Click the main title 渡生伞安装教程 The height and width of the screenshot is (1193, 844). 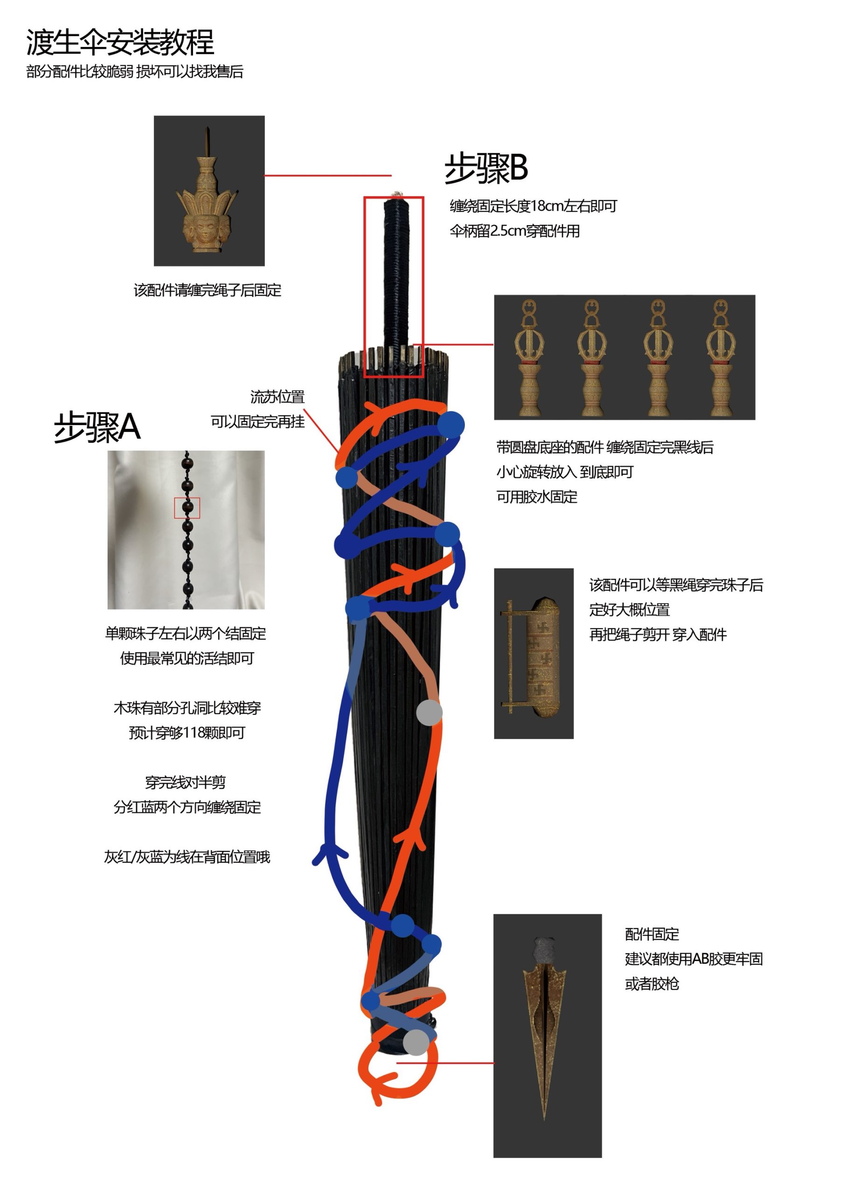point(120,42)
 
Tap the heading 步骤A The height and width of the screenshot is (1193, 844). point(97,427)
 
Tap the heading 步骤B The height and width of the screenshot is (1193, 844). point(486,168)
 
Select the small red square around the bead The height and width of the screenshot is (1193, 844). point(187,507)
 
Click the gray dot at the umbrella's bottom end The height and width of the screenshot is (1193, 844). point(416,1042)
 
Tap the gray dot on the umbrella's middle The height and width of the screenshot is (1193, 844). point(429,713)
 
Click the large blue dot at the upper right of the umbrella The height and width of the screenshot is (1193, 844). point(450,425)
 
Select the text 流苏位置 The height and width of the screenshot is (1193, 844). point(277,397)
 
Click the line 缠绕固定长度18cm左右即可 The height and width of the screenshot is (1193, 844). point(533,206)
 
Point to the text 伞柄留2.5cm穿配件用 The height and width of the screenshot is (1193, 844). point(515,231)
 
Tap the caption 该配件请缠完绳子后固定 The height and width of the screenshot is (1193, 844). point(208,290)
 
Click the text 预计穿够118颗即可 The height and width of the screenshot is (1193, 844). point(187,733)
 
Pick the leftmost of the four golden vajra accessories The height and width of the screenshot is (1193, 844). point(529,357)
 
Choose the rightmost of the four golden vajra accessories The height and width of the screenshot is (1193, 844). point(720,357)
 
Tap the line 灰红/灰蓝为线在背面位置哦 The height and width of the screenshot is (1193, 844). point(187,857)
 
